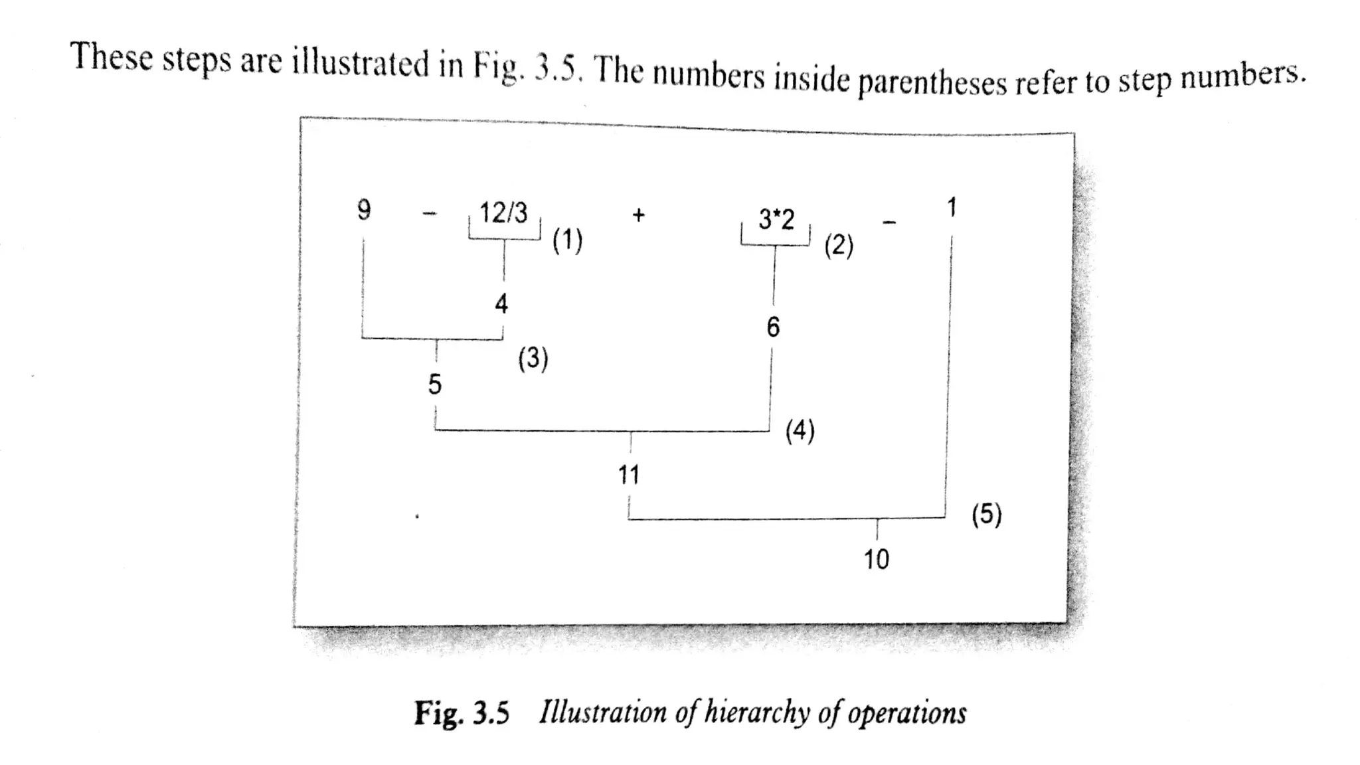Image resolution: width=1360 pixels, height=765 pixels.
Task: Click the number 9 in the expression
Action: coord(364,211)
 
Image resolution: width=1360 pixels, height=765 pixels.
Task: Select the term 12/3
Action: coord(503,213)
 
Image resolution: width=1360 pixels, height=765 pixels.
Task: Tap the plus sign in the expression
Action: coord(638,214)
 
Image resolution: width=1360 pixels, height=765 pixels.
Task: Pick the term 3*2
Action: coord(776,219)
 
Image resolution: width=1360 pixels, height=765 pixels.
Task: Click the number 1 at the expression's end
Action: coord(952,208)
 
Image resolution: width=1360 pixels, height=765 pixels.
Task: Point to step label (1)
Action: coord(567,240)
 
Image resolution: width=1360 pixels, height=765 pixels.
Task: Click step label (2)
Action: coord(839,246)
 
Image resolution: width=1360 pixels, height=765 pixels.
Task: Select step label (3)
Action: coord(533,359)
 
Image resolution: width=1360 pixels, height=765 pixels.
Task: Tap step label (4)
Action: coord(800,431)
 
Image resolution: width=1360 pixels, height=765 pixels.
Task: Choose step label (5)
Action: coord(986,515)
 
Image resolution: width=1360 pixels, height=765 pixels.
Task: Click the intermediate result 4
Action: coord(501,304)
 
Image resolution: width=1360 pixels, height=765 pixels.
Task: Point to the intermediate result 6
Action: coord(773,327)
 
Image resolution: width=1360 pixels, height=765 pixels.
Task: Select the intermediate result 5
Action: coord(435,384)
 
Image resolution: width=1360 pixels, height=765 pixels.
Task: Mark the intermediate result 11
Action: coord(629,475)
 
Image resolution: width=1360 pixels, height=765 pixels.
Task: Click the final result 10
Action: coord(876,560)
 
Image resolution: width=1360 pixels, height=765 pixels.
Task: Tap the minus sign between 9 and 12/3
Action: coord(430,214)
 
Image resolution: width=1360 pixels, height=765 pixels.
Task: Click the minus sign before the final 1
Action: coord(889,222)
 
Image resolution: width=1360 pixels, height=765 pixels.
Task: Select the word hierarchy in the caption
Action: coord(757,713)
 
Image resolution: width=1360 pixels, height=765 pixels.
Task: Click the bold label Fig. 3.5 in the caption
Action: coord(462,713)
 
